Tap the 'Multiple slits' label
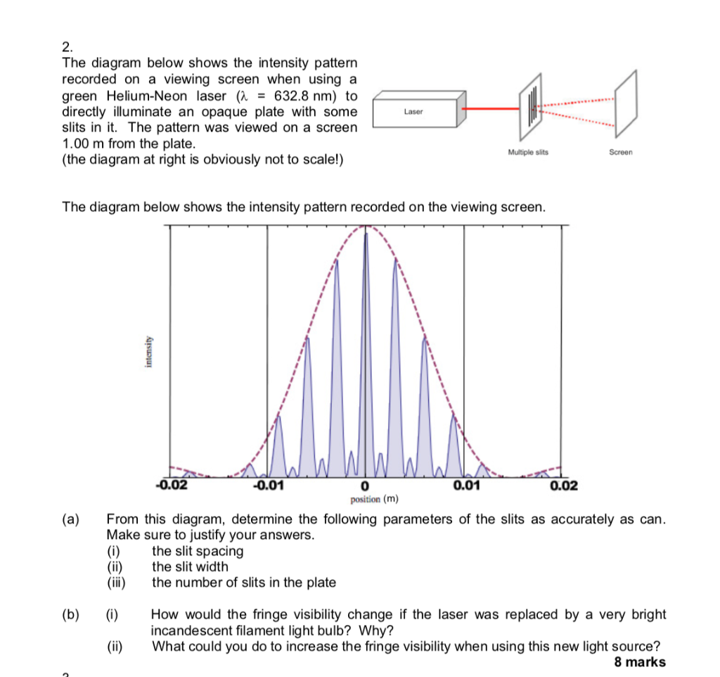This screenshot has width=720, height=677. tap(527, 152)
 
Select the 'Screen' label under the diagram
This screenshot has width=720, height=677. tap(621, 152)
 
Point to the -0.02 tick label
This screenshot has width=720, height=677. tap(171, 485)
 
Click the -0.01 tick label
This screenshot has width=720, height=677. tap(268, 485)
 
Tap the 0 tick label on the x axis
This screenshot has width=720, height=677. tap(365, 486)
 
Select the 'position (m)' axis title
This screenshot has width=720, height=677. tap(374, 499)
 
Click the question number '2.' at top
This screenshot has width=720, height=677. tap(67, 48)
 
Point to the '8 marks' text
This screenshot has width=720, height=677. tap(640, 662)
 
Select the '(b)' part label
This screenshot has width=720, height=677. tap(70, 614)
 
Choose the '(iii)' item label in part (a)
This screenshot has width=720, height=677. tap(116, 582)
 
